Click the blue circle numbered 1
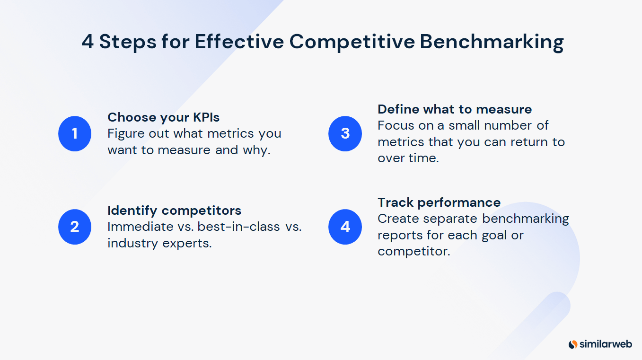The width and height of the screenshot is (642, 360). tap(75, 134)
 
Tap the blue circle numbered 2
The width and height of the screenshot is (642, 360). tap(75, 227)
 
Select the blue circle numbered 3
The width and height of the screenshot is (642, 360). tap(345, 134)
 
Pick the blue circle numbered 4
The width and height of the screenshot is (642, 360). tap(345, 227)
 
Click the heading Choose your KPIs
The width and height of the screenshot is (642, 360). tap(164, 117)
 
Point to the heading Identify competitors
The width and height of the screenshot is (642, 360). tap(174, 210)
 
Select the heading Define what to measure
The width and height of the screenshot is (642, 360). tap(455, 109)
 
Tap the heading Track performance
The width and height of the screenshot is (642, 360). tap(439, 202)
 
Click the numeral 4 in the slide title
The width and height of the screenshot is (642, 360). tap(88, 42)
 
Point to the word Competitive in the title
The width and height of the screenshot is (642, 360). tap(352, 42)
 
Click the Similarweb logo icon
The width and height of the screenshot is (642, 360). tap(573, 344)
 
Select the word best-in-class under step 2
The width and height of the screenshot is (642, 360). tap(239, 227)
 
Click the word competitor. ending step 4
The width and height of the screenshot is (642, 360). tap(413, 252)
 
